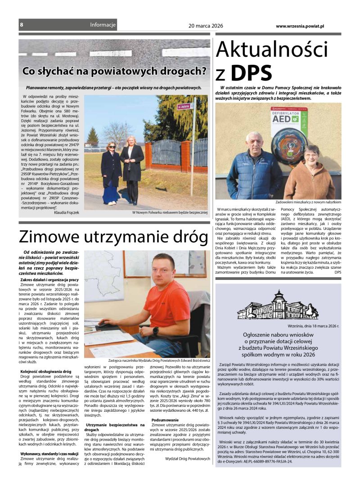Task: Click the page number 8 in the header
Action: pos(21,25)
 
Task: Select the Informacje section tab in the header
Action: pos(103,25)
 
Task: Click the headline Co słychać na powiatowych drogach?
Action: pos(114,71)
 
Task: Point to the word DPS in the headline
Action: pos(252,72)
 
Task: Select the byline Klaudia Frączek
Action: pos(66,212)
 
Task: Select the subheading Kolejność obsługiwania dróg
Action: pos(46,371)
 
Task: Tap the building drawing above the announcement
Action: pos(278,307)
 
